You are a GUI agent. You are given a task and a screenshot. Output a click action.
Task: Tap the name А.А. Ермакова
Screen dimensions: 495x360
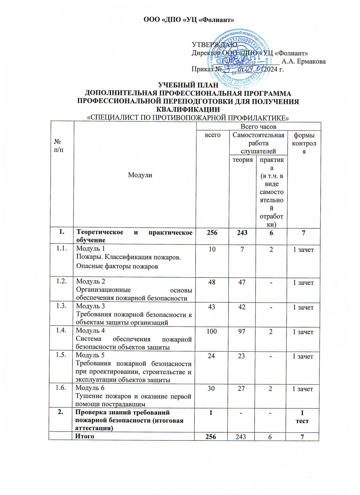(x=304, y=62)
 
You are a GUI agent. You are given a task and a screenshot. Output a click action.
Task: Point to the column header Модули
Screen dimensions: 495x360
(x=140, y=175)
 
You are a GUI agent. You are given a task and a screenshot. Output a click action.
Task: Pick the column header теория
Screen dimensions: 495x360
(x=243, y=160)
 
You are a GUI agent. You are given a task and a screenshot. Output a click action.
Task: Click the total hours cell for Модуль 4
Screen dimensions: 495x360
(x=212, y=331)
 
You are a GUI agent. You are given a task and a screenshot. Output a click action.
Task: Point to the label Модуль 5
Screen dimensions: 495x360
(x=90, y=355)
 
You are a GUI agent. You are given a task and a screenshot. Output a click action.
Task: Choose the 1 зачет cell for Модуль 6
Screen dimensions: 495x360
(x=303, y=389)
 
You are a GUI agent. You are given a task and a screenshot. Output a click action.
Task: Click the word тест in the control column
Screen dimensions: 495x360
(x=303, y=421)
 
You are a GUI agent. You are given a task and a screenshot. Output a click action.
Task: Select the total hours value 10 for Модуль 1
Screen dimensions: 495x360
(x=212, y=250)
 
